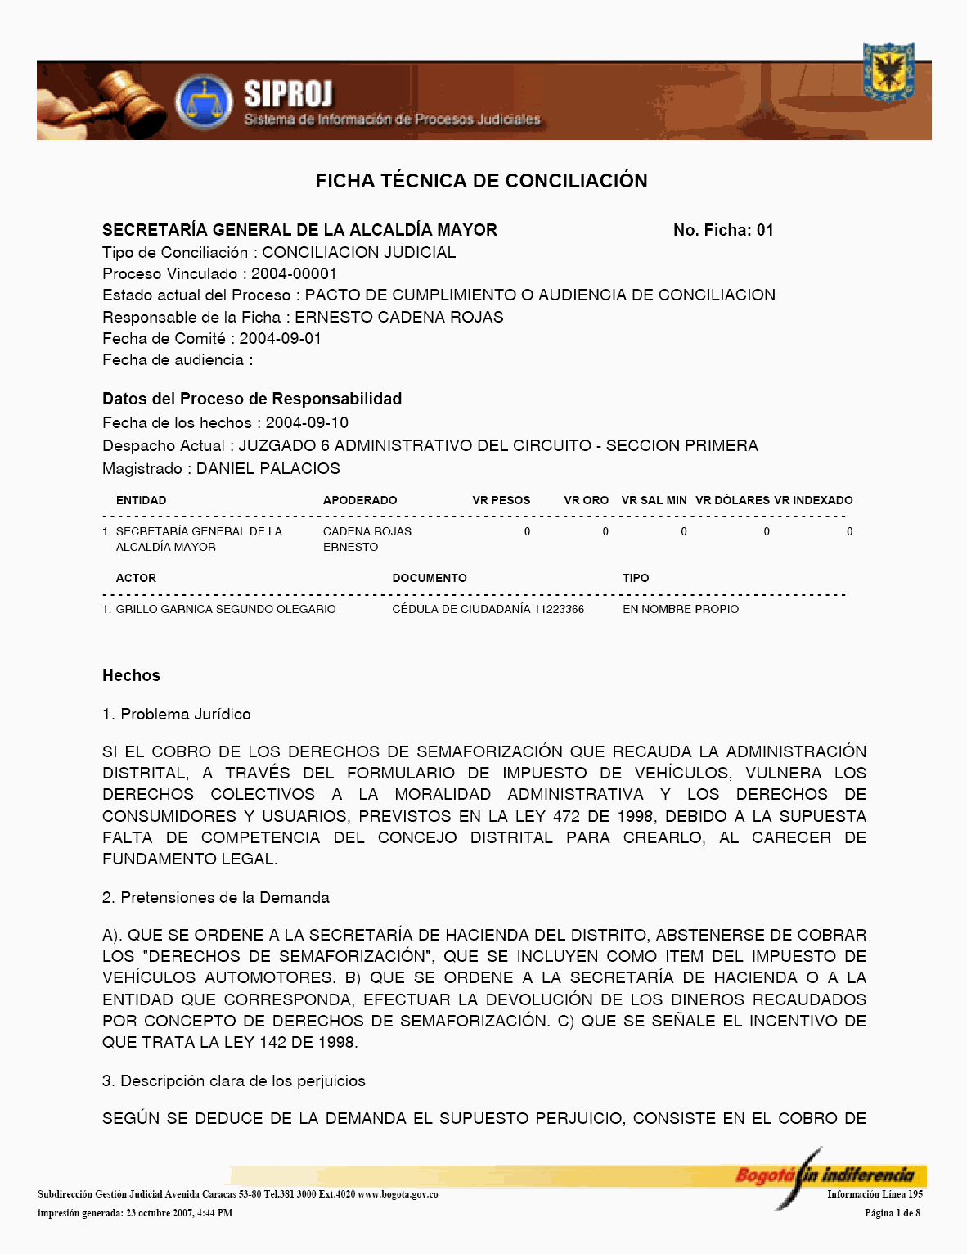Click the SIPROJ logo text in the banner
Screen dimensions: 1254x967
point(289,95)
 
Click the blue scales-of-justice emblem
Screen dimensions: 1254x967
point(204,102)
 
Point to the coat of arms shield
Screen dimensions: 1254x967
point(888,72)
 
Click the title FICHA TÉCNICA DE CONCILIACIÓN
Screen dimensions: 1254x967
point(481,181)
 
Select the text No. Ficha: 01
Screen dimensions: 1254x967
point(723,230)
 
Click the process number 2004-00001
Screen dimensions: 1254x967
point(294,273)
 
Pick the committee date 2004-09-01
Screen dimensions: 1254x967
point(280,338)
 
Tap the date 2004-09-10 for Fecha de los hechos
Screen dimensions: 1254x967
point(307,422)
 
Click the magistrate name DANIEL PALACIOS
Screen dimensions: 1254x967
point(268,468)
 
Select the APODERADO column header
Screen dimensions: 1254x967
point(360,500)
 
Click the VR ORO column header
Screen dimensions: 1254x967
point(586,500)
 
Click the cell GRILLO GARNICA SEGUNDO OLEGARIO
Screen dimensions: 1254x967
point(226,609)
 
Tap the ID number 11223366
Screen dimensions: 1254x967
point(559,609)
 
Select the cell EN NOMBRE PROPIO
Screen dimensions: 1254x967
point(681,609)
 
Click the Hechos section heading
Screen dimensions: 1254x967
point(131,675)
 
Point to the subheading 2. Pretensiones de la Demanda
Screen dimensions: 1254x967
point(216,897)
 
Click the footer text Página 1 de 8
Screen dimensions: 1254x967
point(892,1213)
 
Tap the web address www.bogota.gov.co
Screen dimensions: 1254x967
point(398,1194)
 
